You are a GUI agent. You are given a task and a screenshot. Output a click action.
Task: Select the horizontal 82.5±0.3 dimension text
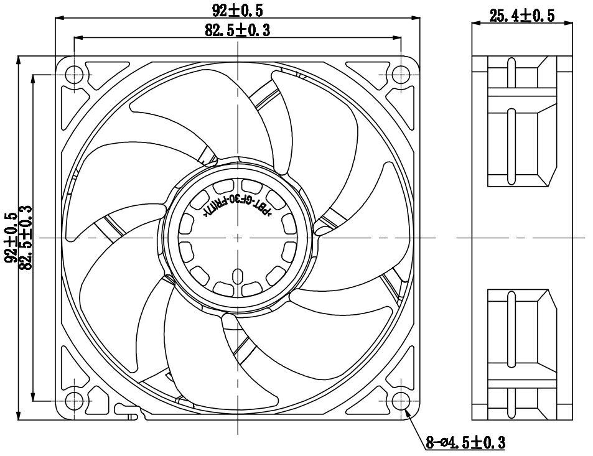pos(237,30)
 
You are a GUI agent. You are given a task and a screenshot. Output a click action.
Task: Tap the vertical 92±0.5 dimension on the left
pos(11,238)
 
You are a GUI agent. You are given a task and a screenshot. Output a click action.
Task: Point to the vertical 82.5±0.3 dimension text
pos(26,238)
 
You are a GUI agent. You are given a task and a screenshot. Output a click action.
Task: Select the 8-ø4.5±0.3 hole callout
pos(465,442)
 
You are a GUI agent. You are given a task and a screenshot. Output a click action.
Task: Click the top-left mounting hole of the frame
pos(74,75)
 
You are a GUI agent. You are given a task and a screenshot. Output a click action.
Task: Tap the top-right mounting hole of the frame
pos(401,75)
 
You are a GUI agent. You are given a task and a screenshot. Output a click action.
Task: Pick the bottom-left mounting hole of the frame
pos(74,401)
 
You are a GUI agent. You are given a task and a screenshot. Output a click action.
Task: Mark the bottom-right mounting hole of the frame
pos(401,401)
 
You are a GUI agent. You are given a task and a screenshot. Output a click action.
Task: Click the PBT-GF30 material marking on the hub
pos(236,205)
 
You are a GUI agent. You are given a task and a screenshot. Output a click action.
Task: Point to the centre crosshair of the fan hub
pos(237,238)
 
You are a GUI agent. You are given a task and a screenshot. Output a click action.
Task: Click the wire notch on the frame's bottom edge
pos(127,411)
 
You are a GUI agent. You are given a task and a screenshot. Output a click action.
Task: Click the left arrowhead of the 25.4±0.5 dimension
pos(475,24)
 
